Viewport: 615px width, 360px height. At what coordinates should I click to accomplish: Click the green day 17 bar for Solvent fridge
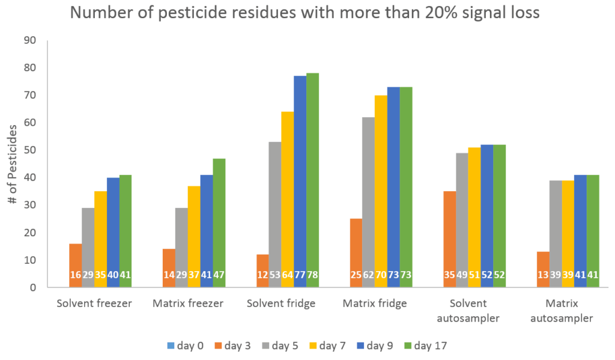[312, 180]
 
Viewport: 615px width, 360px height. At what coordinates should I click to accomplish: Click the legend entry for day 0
[186, 346]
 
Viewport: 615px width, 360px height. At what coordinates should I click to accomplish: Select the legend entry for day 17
[426, 346]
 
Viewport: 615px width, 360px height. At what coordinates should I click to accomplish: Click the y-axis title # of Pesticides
[13, 164]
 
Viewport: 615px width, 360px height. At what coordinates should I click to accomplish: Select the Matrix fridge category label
[375, 304]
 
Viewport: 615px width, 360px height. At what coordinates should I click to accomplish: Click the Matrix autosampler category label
[568, 310]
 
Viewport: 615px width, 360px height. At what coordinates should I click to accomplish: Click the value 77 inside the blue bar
[300, 275]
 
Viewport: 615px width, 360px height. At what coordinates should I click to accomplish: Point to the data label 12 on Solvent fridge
[262, 275]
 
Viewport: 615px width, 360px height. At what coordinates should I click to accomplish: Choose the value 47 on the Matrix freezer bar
[219, 275]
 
